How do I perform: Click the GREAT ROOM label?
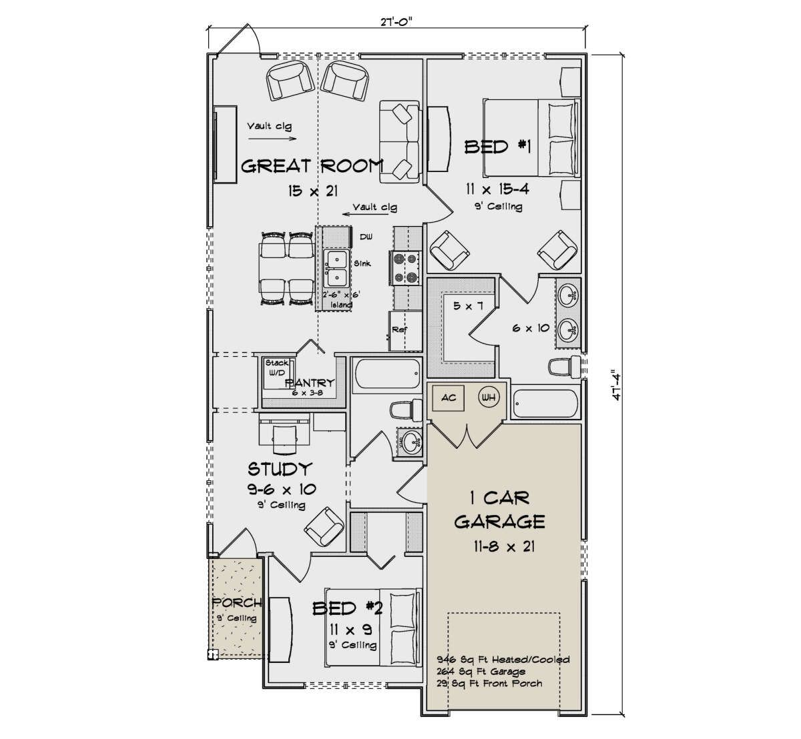(312, 165)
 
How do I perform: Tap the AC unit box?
(448, 398)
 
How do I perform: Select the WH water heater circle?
(489, 398)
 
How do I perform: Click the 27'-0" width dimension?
(396, 22)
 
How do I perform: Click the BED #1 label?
(498, 147)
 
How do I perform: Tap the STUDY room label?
(280, 469)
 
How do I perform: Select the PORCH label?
(237, 603)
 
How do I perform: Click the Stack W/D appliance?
(278, 373)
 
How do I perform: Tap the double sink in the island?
(336, 268)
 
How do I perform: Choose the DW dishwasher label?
(366, 237)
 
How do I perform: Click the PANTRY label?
(310, 382)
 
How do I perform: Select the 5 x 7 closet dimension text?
(468, 306)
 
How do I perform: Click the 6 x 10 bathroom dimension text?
(531, 328)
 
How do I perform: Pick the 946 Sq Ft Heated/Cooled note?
(503, 660)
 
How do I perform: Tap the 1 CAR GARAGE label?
(500, 510)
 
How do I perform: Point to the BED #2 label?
(347, 608)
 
